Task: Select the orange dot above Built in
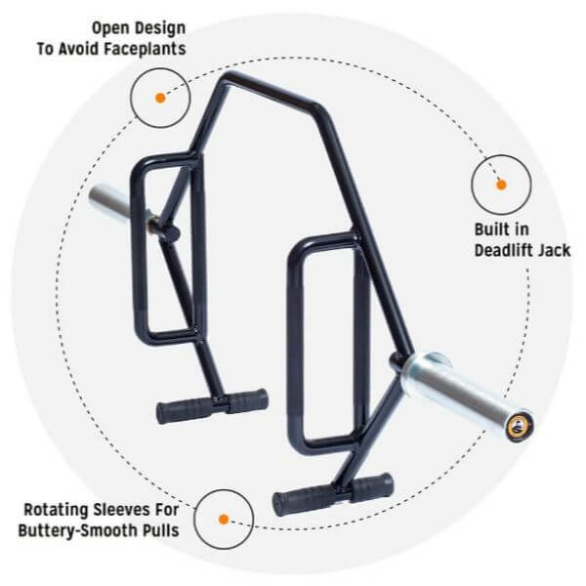501,184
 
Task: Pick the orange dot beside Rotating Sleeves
223,520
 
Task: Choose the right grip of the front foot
372,484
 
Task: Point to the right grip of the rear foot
247,398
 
